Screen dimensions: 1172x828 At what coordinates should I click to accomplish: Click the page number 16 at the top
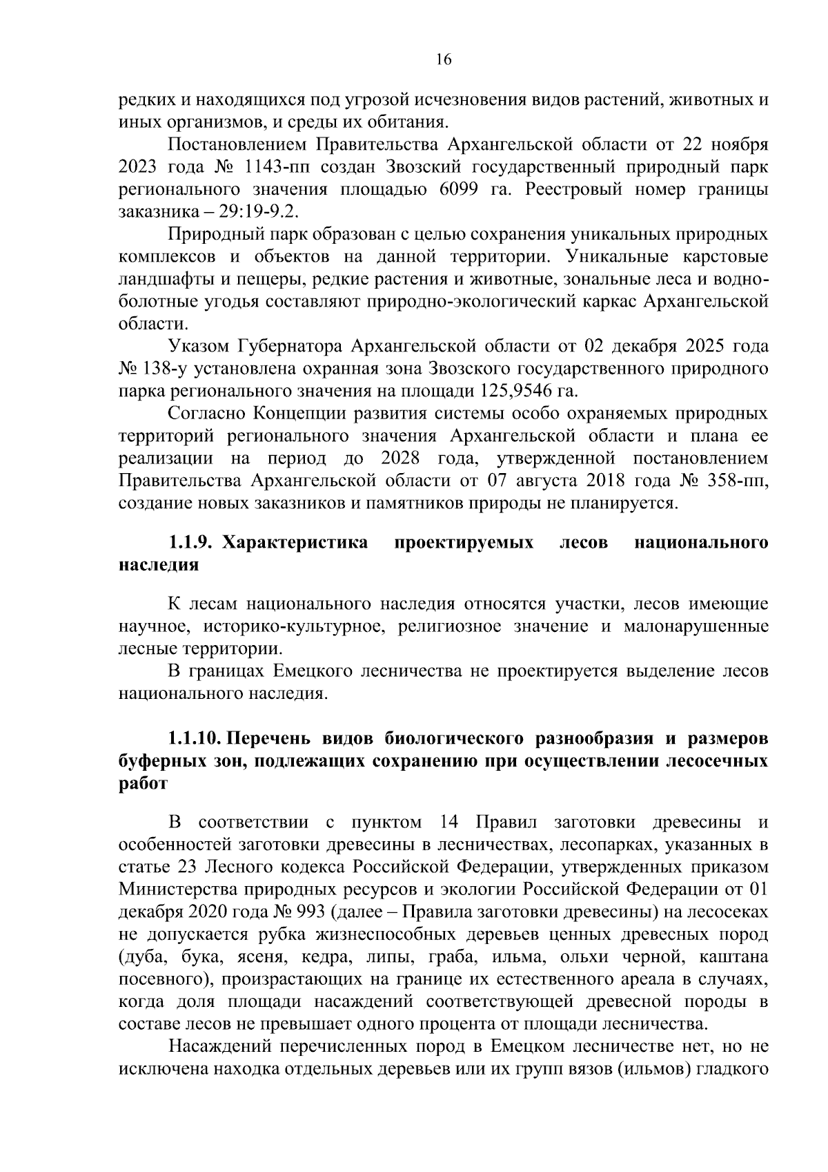[x=443, y=59]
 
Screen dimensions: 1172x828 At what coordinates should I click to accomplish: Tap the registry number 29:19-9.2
[x=265, y=212]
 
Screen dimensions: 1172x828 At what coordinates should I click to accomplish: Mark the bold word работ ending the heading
[x=142, y=784]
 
